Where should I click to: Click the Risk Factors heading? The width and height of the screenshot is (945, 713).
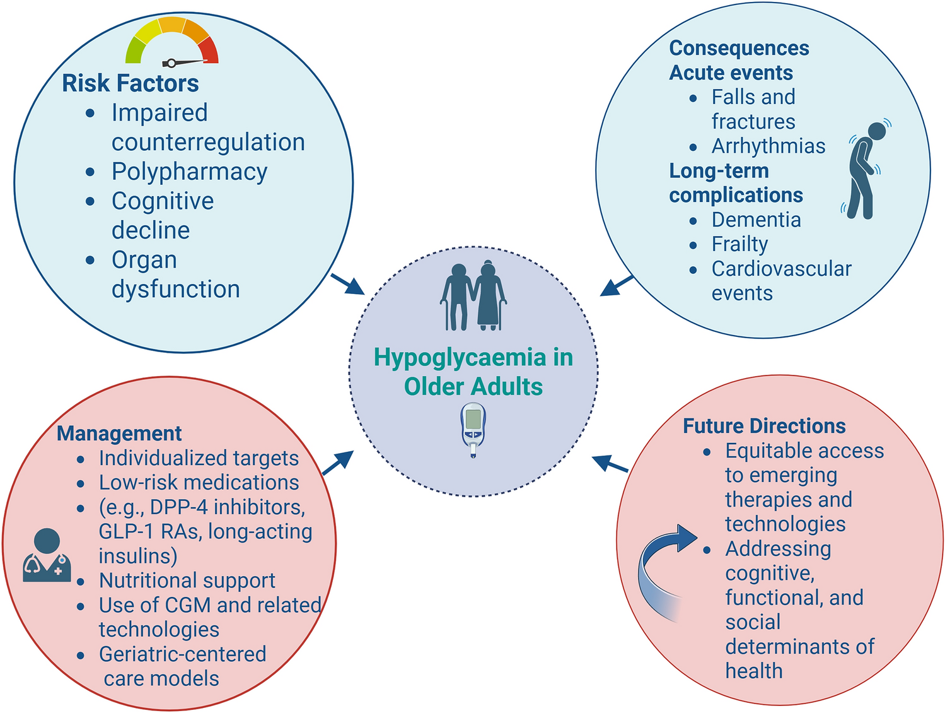130,83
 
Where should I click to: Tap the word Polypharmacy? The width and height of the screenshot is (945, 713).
189,172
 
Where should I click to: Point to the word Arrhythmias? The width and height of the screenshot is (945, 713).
768,146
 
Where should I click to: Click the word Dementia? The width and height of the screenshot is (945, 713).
756,220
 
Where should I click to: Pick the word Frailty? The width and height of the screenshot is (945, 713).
739,244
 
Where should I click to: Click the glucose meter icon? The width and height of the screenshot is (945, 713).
473,429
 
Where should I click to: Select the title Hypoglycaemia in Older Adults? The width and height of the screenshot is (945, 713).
473,372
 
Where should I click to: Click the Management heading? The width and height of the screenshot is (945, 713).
119,433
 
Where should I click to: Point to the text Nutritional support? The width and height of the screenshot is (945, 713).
187,580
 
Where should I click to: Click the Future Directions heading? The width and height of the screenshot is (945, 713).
764,426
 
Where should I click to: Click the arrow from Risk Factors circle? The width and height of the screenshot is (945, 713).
347,284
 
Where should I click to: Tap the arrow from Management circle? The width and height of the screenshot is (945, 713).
338,463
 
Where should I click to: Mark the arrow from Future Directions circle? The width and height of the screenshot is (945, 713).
610,464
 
